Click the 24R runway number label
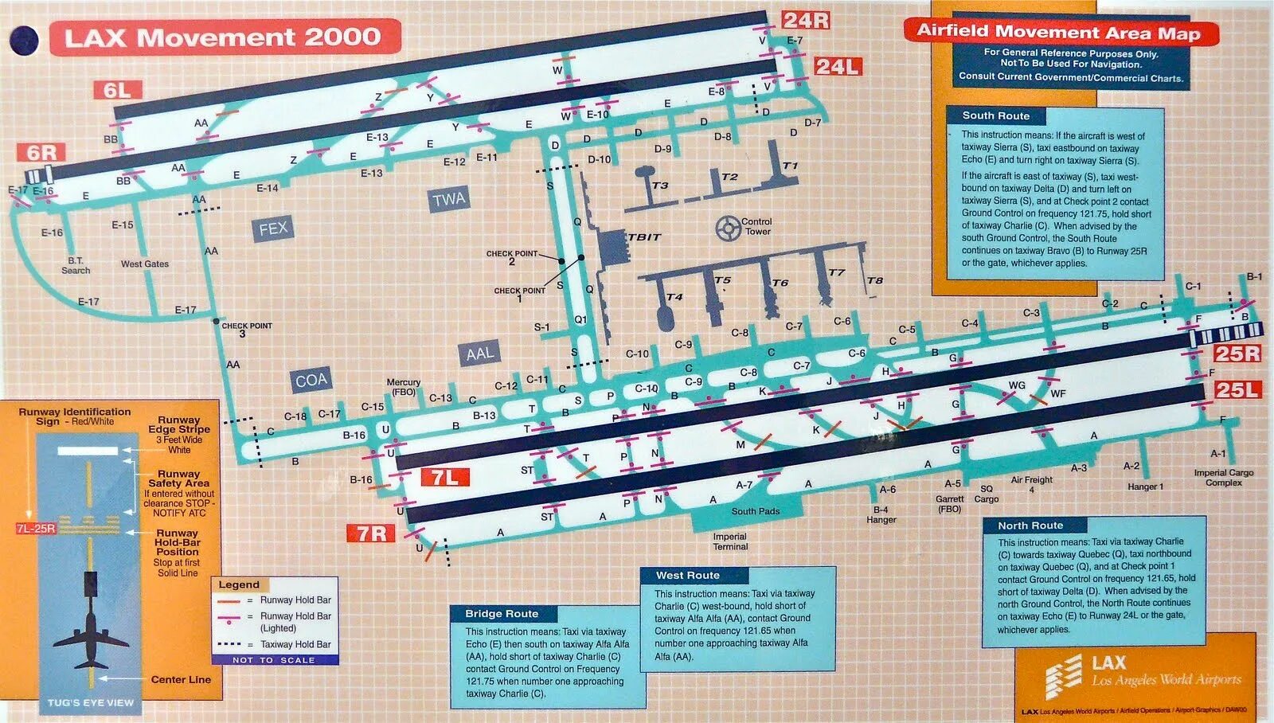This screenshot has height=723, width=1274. pyautogui.click(x=806, y=21)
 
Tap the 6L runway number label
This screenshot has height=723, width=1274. pyautogui.click(x=117, y=91)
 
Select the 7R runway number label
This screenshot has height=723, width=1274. pyautogui.click(x=371, y=533)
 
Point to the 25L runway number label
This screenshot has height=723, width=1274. pyautogui.click(x=1237, y=390)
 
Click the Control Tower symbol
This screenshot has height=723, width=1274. pyautogui.click(x=728, y=229)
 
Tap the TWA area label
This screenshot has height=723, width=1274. pyautogui.click(x=448, y=199)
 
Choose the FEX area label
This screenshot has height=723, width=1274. pyautogui.click(x=272, y=229)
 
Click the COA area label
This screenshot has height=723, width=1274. pyautogui.click(x=311, y=381)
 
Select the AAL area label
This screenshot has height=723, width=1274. pyautogui.click(x=479, y=354)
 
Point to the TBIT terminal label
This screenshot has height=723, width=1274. pyautogui.click(x=644, y=237)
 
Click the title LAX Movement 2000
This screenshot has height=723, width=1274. pyautogui.click(x=223, y=37)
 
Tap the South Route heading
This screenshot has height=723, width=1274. pyautogui.click(x=995, y=115)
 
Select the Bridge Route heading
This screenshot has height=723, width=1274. pyautogui.click(x=502, y=614)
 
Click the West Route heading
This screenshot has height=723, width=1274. pyautogui.click(x=687, y=575)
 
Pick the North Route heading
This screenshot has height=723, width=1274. pyautogui.click(x=1030, y=526)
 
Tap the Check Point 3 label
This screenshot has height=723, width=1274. pyautogui.click(x=246, y=329)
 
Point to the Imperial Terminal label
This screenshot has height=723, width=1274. pyautogui.click(x=730, y=541)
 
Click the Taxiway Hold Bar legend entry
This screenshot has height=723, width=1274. pyautogui.click(x=295, y=644)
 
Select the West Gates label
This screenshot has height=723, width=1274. pyautogui.click(x=145, y=264)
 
